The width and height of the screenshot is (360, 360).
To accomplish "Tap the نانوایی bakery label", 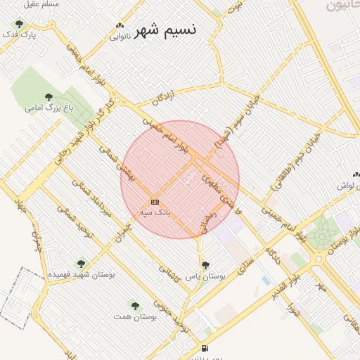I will pos(119,37).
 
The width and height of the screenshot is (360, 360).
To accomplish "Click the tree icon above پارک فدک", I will pos(19,24).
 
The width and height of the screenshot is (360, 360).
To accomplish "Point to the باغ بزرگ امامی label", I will pos(49,108).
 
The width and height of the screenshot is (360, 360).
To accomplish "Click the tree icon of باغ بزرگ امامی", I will pos(49,97).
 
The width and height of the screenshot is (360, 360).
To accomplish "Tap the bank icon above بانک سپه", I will pos(155,202).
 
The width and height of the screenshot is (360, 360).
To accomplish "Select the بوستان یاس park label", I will pos(205,276).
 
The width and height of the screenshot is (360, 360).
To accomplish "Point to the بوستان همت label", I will pos(135,316).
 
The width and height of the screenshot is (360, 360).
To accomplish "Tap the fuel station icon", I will pos(205,348).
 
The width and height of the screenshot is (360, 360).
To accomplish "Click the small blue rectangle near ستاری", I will pos(265,280).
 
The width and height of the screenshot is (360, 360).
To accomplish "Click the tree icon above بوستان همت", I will pos(135,306).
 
